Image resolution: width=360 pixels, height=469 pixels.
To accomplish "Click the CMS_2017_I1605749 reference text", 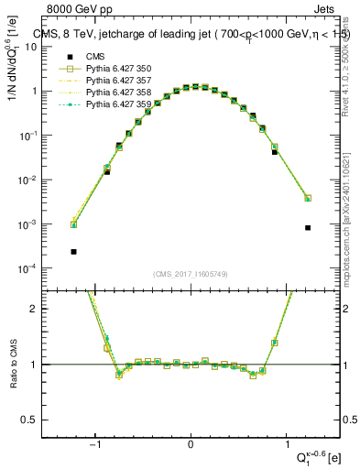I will (x=191, y=274).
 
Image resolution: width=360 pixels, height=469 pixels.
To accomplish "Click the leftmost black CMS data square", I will (x=73, y=251).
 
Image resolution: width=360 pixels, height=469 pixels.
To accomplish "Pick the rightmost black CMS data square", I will (x=308, y=228).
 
